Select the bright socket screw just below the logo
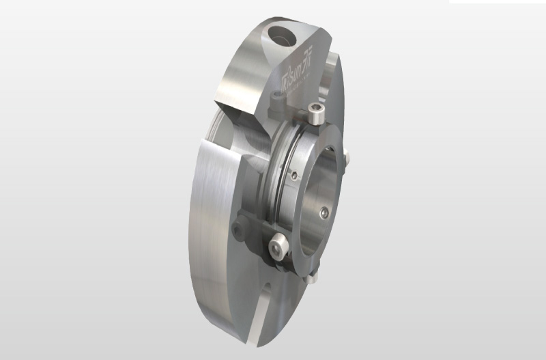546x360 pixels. [x=315, y=114]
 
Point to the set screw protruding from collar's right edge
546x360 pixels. [x=346, y=158]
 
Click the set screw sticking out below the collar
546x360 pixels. [x=312, y=277]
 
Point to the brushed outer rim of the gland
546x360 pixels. [x=205, y=225]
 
